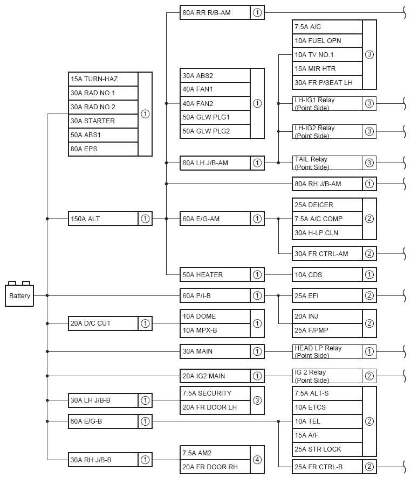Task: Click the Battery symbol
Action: tap(20, 295)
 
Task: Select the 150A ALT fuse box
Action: tap(103, 219)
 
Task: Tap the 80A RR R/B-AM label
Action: tap(215, 12)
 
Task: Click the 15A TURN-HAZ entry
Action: tap(103, 79)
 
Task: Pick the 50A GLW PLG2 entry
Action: tap(215, 131)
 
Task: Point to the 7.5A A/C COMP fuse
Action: tap(327, 219)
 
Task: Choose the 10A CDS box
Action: tap(327, 275)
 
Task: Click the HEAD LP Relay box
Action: tap(327, 351)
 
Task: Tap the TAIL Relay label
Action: tap(327, 163)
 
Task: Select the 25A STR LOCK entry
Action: tap(327, 449)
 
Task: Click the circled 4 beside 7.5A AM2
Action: tap(257, 460)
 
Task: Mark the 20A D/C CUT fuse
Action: tap(103, 323)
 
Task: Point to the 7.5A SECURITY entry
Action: tap(215, 393)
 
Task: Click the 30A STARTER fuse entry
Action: tap(103, 121)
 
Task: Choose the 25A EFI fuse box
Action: tap(327, 295)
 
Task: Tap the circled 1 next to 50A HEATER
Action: tap(257, 275)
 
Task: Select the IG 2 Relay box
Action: tap(327, 376)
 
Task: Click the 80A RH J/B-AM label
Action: tap(327, 184)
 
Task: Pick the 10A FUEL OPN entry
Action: tap(327, 41)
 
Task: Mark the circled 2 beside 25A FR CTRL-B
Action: tap(369, 467)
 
